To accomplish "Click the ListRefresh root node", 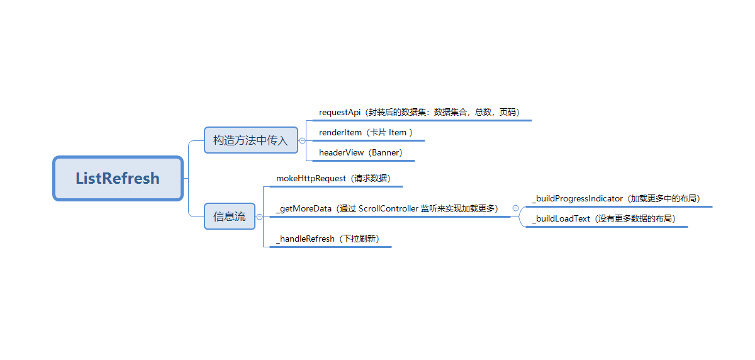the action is pyautogui.click(x=118, y=178).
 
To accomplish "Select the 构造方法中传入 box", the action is pyautogui.click(x=250, y=140).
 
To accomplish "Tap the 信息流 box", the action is pyautogui.click(x=229, y=217).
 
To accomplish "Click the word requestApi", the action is pyautogui.click(x=340, y=113).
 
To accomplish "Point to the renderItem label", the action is pyautogui.click(x=340, y=133).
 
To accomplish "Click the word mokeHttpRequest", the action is pyautogui.click(x=311, y=179).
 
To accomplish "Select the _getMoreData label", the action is pyautogui.click(x=304, y=209).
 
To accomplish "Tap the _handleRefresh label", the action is pyautogui.click(x=305, y=239).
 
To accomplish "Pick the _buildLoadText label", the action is pyautogui.click(x=561, y=219).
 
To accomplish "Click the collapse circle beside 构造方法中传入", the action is pyautogui.click(x=302, y=140).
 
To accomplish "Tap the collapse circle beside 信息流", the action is pyautogui.click(x=259, y=217).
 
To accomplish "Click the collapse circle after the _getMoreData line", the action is pyautogui.click(x=515, y=208).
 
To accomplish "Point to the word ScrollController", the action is pyautogui.click(x=388, y=209).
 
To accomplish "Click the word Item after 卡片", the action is pyautogui.click(x=398, y=133).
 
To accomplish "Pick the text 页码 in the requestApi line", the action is pyautogui.click(x=508, y=113).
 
